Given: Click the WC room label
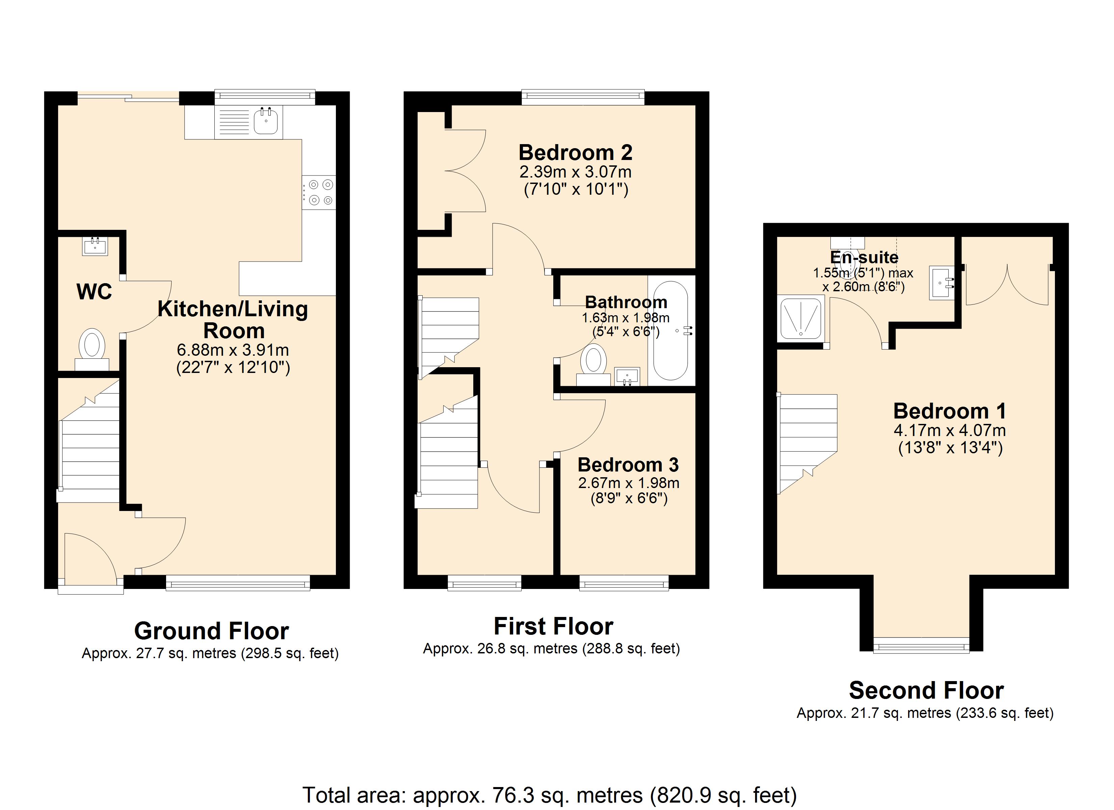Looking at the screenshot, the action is click(x=94, y=292).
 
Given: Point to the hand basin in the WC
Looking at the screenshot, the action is click(x=95, y=246).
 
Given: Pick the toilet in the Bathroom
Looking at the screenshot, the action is click(x=593, y=365).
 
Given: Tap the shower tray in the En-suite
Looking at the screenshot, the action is click(x=801, y=318).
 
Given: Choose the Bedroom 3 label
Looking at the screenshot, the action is click(x=628, y=465).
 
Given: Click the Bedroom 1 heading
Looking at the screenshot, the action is click(x=950, y=411).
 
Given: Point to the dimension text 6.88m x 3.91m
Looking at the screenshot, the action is click(x=233, y=350).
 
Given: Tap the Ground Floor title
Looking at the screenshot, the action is click(x=212, y=631).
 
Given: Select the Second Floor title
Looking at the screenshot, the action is click(x=926, y=690).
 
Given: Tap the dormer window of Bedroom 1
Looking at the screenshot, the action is click(x=922, y=645).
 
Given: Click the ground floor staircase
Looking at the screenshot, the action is click(x=88, y=441).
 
